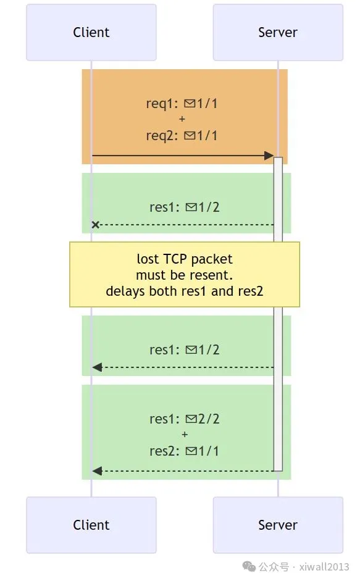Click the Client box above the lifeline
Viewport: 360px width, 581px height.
click(91, 33)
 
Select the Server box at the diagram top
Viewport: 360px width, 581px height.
click(278, 33)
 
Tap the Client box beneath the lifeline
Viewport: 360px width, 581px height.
click(91, 525)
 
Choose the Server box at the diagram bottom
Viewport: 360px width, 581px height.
click(278, 525)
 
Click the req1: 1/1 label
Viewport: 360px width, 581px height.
click(182, 103)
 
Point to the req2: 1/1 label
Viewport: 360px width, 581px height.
click(182, 135)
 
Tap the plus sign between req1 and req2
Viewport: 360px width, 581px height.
click(182, 119)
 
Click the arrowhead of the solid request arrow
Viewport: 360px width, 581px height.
click(269, 156)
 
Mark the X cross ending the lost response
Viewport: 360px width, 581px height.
click(96, 225)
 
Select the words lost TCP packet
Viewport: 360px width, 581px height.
click(185, 259)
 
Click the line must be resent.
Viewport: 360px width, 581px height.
click(185, 275)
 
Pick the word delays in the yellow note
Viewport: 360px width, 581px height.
click(125, 291)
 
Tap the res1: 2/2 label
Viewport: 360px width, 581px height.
click(185, 419)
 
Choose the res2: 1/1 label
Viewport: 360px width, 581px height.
click(185, 451)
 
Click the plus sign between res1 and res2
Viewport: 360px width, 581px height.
click(185, 435)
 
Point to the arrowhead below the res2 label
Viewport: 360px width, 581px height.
click(97, 471)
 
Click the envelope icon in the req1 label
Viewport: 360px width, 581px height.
click(189, 103)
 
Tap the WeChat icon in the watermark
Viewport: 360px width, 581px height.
click(249, 567)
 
